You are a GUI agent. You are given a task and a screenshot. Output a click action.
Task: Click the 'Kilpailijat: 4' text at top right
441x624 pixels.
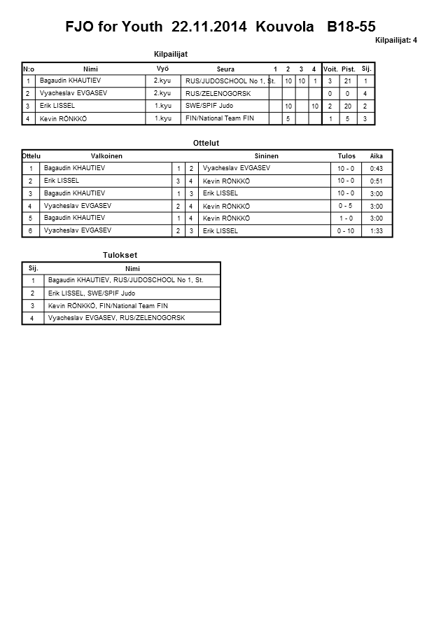396,41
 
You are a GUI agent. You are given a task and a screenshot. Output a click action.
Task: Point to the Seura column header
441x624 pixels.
225,69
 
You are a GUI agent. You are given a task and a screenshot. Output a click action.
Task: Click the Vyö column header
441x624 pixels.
162,68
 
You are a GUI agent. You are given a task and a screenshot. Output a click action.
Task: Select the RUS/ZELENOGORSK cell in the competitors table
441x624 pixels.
218,93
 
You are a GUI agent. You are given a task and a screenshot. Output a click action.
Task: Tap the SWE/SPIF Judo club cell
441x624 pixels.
210,106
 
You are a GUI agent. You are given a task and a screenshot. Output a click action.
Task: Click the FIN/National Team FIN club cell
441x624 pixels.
220,118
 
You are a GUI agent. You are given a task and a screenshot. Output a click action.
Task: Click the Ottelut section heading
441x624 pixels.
206,143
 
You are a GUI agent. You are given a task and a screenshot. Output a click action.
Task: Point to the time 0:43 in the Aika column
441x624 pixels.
376,169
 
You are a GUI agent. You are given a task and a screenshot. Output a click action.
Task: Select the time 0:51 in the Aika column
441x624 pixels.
376,181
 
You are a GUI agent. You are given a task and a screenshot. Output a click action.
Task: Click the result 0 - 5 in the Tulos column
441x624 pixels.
345,206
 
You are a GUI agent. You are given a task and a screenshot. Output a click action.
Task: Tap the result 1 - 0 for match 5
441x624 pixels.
345,219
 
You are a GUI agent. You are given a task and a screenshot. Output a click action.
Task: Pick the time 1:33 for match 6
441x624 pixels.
376,231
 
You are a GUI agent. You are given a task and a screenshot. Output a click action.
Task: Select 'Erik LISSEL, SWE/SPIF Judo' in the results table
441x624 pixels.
92,293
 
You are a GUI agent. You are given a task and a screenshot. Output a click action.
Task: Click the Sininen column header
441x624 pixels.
267,155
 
